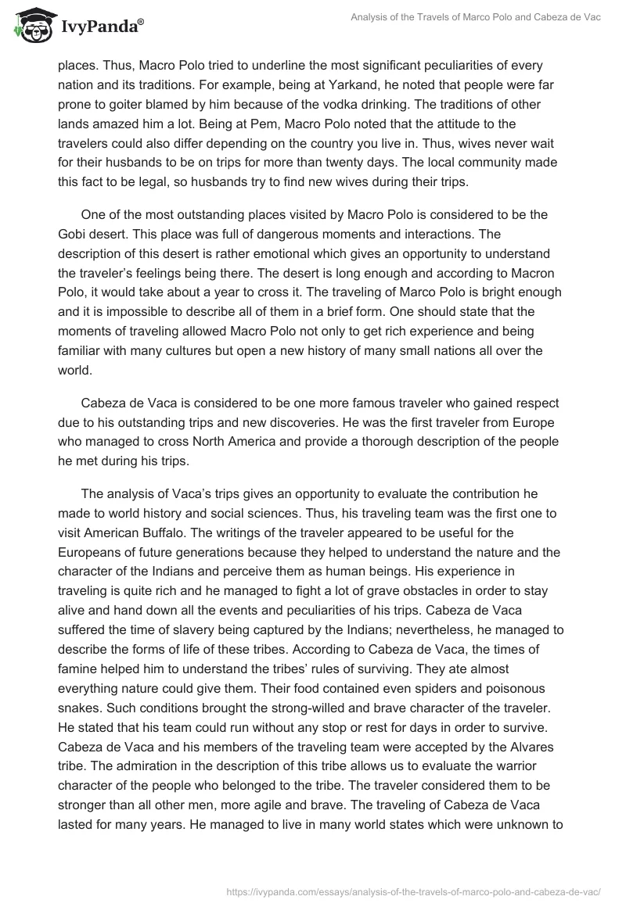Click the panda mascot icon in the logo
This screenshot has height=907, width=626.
tap(29, 27)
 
